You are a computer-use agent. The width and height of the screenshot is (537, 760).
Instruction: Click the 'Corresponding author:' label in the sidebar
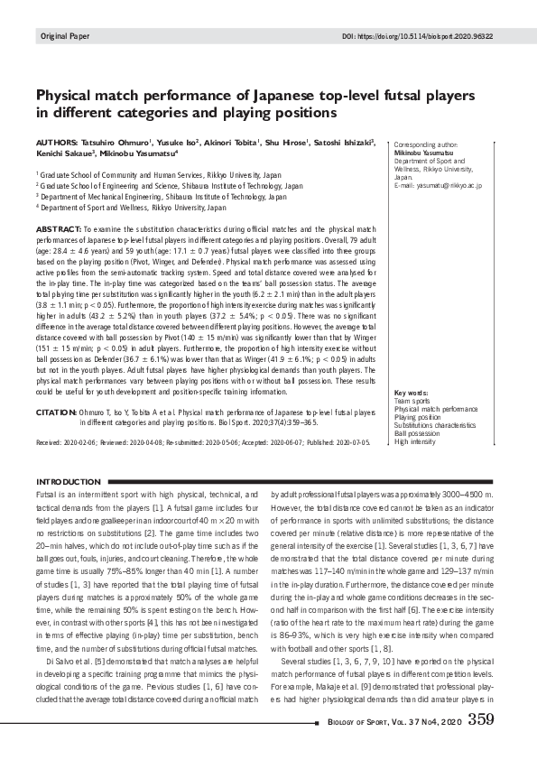tap(427, 144)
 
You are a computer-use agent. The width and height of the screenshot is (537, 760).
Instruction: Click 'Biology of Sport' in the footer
tap(358, 721)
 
